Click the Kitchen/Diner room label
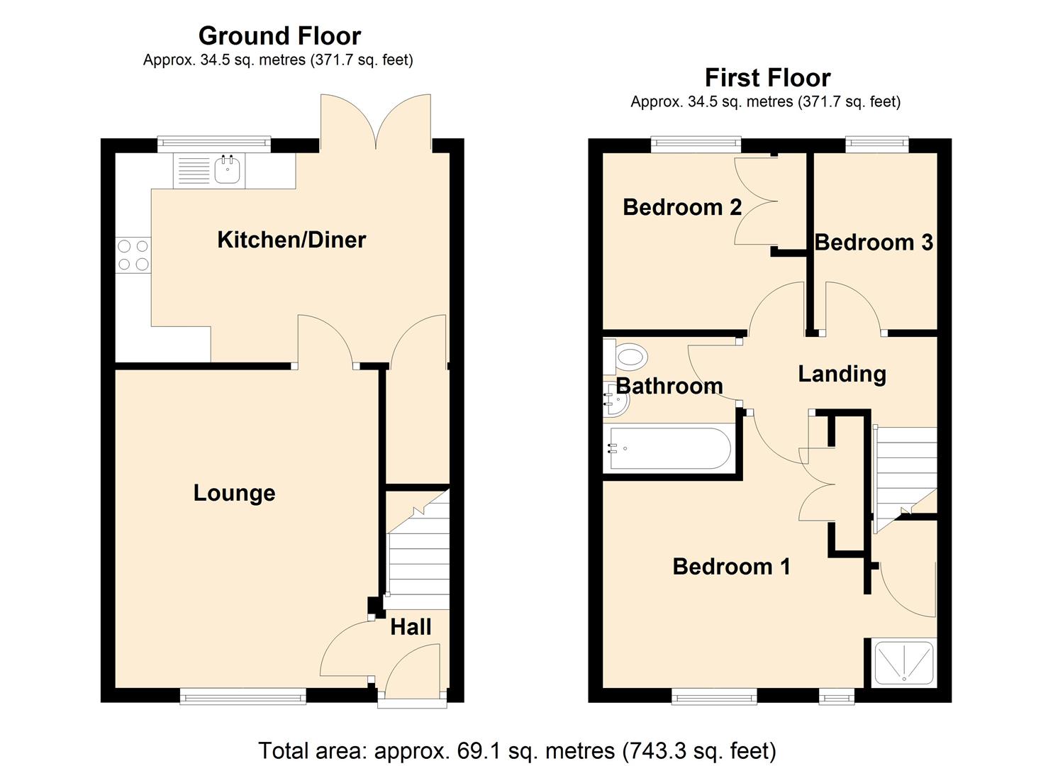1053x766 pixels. (x=291, y=240)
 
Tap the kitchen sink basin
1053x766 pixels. (x=228, y=170)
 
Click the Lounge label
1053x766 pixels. (x=234, y=493)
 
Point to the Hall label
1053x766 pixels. (x=411, y=627)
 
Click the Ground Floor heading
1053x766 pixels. (x=279, y=35)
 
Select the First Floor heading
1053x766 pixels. (x=767, y=77)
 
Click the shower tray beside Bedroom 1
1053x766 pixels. (x=903, y=662)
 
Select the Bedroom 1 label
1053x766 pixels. (x=731, y=567)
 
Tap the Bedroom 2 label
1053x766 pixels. (x=681, y=207)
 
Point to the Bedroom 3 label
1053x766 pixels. (x=873, y=243)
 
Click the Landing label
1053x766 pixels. (x=842, y=374)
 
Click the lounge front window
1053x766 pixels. (x=243, y=696)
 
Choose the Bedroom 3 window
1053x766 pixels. (x=877, y=145)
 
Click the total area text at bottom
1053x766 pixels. (x=517, y=750)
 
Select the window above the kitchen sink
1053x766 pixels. (x=213, y=144)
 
